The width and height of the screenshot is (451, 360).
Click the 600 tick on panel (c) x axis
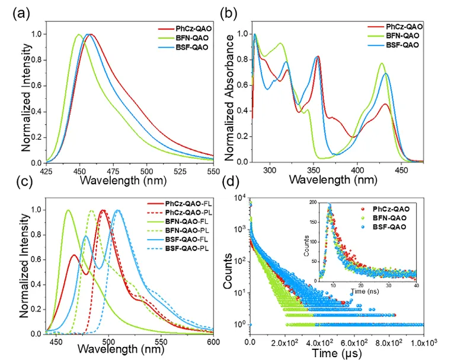click(x=213, y=342)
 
